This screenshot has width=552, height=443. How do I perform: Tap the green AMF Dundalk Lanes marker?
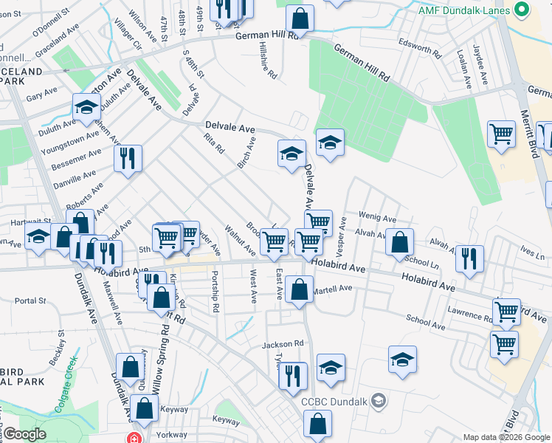point(522,10)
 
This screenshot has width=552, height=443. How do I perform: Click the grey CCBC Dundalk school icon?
point(379,401)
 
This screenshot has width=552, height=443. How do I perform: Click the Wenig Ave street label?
point(378,219)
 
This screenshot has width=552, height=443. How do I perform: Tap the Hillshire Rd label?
point(267,59)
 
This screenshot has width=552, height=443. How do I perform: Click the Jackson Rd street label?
point(283,344)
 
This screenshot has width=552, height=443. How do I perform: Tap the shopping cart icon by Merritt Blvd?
point(501,134)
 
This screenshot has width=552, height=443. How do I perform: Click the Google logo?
point(24,434)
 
